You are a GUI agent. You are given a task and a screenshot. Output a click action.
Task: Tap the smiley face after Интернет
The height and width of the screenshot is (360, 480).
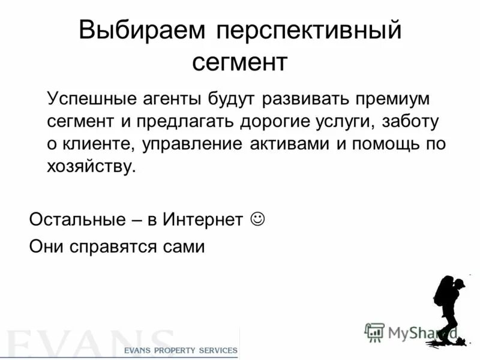tap(256, 218)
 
